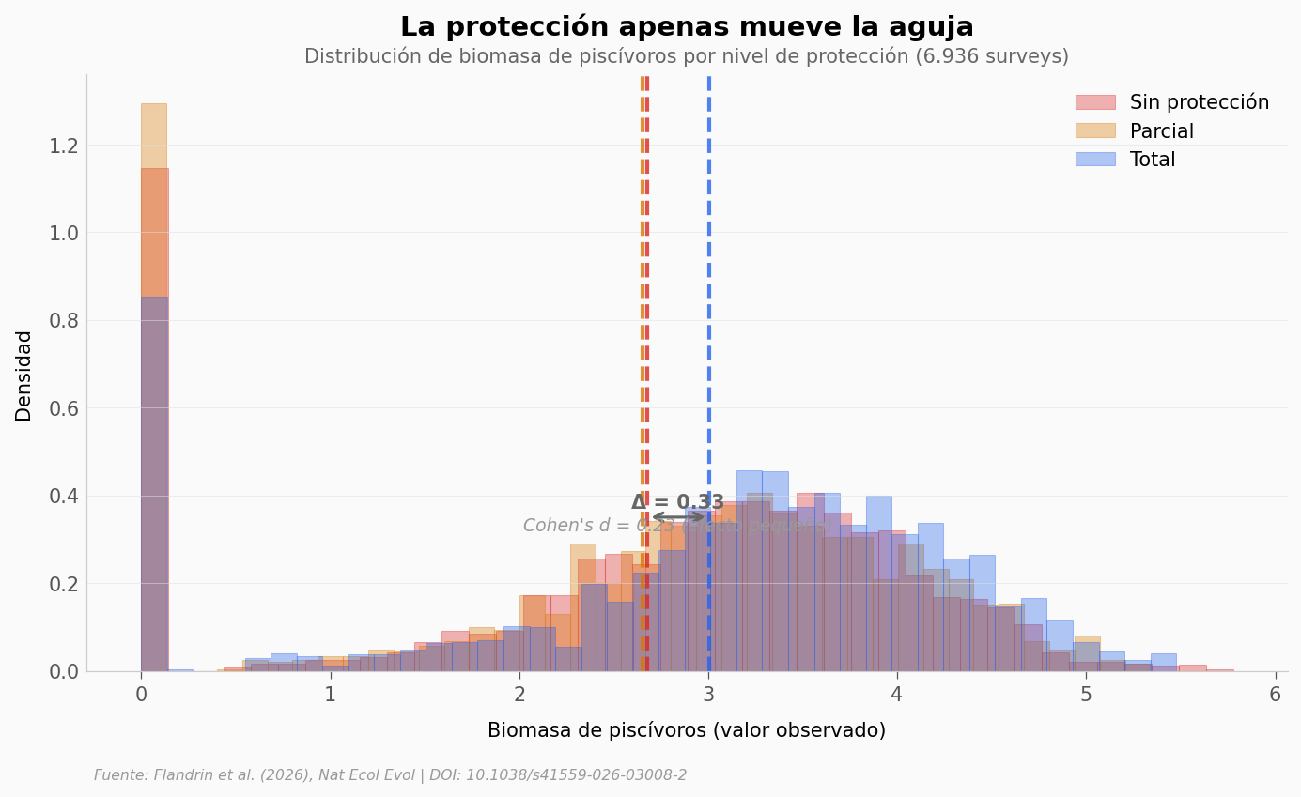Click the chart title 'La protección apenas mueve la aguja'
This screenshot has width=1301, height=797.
coord(687,27)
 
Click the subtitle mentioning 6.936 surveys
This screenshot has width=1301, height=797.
coord(687,56)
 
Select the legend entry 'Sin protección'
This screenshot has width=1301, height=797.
coord(1199,102)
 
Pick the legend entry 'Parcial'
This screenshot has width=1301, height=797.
coord(1162,131)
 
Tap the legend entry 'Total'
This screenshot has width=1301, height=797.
coord(1153,160)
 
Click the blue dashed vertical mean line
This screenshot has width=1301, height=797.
coord(709,282)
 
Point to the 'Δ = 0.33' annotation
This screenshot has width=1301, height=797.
coord(677,502)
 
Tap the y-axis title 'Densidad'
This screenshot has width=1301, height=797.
coord(23,376)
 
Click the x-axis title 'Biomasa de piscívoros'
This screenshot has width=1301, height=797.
coord(687,730)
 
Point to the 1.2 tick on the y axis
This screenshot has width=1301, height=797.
coord(63,146)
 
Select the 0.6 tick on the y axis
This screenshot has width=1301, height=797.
coord(63,408)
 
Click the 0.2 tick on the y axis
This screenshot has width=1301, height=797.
coord(63,584)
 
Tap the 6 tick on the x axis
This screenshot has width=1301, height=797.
coord(1276,695)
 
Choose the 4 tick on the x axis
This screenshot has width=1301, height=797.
coord(897,695)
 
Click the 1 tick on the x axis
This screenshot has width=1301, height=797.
coord(330,695)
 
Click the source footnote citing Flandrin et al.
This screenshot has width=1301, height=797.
coord(390,775)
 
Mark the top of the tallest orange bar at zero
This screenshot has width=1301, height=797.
coord(154,104)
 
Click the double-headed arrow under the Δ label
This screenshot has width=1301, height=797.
coord(678,516)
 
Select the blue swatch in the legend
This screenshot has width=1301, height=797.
coord(1095,160)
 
